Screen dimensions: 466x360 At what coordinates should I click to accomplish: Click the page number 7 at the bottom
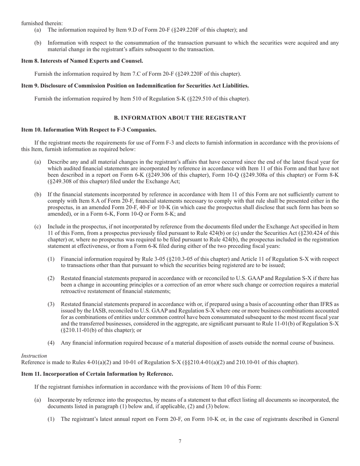click(x=180, y=441)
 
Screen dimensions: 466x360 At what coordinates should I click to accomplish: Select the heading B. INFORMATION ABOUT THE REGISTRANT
click(x=180, y=118)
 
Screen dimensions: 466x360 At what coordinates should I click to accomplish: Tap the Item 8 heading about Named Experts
click(x=82, y=61)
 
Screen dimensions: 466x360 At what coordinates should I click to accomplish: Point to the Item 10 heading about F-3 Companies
click(x=89, y=130)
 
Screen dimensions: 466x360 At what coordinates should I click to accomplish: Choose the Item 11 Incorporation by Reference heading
click(x=97, y=374)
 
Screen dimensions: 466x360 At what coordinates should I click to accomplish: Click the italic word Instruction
click(x=34, y=356)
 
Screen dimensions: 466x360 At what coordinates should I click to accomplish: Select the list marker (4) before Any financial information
click(x=51, y=343)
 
